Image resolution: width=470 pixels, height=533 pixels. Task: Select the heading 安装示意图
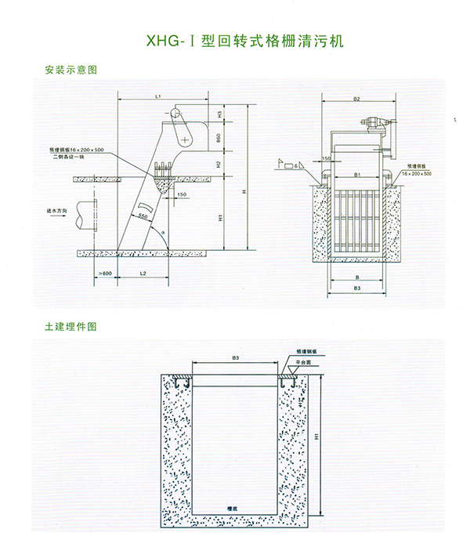tap(71, 70)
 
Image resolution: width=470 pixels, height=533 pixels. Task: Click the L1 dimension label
tap(157, 96)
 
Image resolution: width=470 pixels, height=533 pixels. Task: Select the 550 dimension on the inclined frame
tap(143, 214)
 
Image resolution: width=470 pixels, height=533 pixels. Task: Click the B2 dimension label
tap(356, 100)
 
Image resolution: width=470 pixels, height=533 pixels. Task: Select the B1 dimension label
tap(357, 175)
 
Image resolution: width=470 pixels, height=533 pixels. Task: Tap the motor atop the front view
tap(375, 123)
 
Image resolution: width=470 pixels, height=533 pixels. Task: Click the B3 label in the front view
tap(356, 290)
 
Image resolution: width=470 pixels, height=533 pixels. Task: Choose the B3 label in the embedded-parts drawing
tap(235, 357)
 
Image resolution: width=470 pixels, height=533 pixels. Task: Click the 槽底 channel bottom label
tap(231, 509)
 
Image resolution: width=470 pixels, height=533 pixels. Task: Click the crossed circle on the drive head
tap(184, 140)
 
